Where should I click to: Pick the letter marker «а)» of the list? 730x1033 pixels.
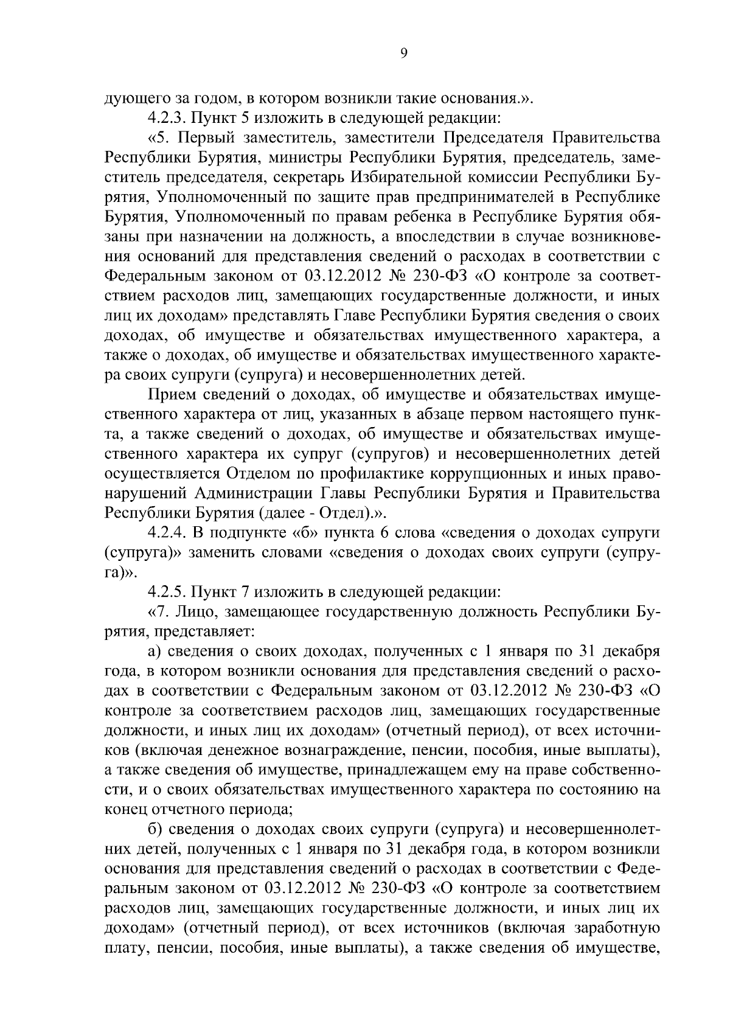pyautogui.click(x=156, y=651)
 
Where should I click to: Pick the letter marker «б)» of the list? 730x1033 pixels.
pyautogui.click(x=156, y=829)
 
